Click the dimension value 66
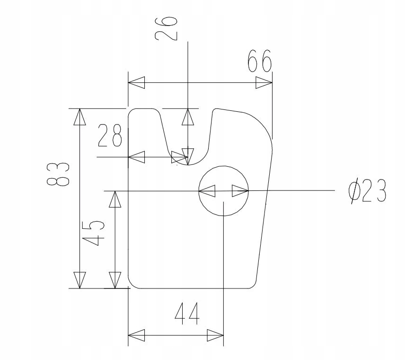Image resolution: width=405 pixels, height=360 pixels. click(259, 61)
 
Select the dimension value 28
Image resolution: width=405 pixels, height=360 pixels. click(110, 136)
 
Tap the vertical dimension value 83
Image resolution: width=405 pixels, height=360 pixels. click(58, 175)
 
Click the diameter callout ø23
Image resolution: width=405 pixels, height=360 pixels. click(367, 191)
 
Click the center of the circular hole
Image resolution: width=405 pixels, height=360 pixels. click(223, 190)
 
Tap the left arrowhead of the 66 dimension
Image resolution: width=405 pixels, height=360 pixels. click(137, 83)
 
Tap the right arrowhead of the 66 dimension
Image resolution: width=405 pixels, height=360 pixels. click(264, 83)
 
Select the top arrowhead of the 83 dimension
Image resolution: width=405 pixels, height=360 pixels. click(79, 117)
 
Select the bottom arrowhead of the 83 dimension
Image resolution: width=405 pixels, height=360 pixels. click(79, 280)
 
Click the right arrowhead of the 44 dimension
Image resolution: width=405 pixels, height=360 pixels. click(215, 336)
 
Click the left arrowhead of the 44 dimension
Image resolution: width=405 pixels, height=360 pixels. click(136, 336)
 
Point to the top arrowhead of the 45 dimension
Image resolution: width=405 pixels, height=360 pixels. click(115, 199)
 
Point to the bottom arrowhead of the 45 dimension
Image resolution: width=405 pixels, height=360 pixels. click(115, 280)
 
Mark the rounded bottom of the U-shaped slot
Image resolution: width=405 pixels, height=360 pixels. click(189, 163)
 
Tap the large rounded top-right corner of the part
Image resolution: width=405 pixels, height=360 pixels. click(263, 122)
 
